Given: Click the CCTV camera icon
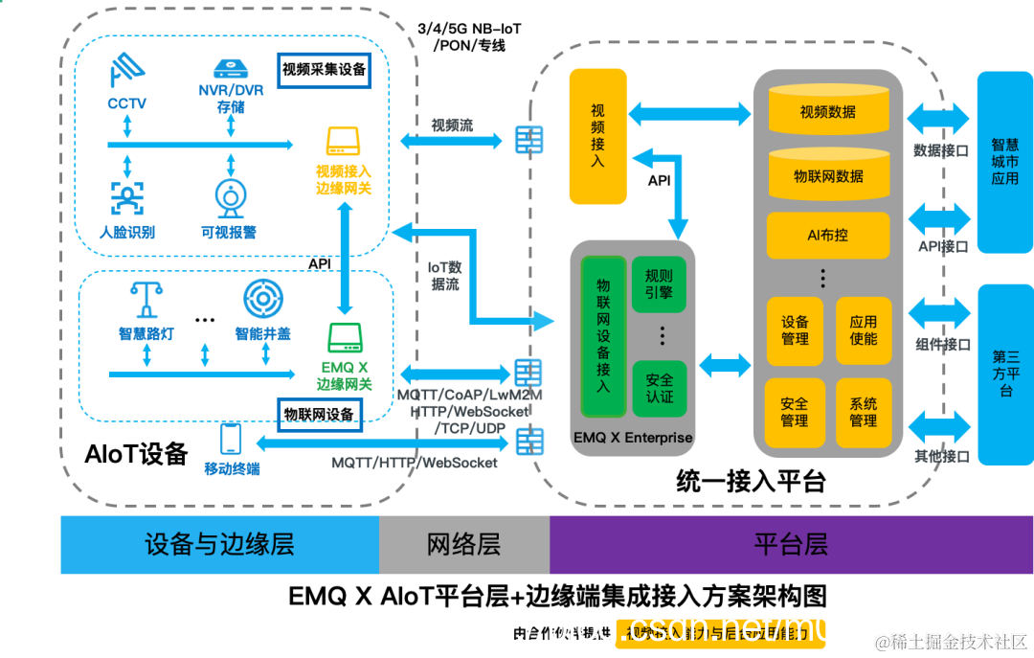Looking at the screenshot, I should pyautogui.click(x=125, y=70).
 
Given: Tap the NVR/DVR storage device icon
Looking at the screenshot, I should pyautogui.click(x=231, y=68).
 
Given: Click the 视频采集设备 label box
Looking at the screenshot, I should pyautogui.click(x=324, y=70).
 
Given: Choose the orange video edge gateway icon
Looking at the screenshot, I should pyautogui.click(x=343, y=142).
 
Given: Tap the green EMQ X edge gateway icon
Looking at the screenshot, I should pyautogui.click(x=344, y=337).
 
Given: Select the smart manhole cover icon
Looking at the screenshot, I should pyautogui.click(x=262, y=300).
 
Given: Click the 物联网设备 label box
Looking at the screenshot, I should pyautogui.click(x=319, y=414).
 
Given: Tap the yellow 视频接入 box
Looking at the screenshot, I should pyautogui.click(x=597, y=136).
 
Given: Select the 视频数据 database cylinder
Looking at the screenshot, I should pyautogui.click(x=828, y=109).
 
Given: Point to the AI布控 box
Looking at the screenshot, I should pyautogui.click(x=828, y=234).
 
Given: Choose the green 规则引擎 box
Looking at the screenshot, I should pyautogui.click(x=659, y=284).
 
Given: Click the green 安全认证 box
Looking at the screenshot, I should pyautogui.click(x=659, y=388).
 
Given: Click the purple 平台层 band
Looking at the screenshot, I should pyautogui.click(x=790, y=545).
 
